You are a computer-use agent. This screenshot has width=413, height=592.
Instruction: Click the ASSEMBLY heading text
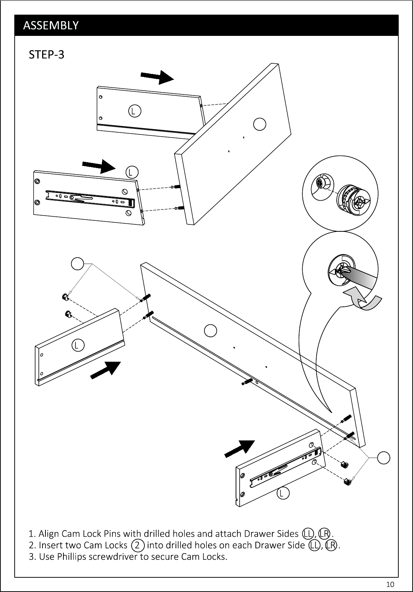[51, 25]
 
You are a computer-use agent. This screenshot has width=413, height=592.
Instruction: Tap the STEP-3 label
[47, 55]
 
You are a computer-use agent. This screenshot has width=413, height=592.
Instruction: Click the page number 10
[390, 584]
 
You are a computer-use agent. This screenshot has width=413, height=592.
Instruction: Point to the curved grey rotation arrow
[364, 299]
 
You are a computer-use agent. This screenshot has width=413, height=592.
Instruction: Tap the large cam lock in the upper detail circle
[353, 200]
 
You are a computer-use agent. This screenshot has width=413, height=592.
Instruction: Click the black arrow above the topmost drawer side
[157, 77]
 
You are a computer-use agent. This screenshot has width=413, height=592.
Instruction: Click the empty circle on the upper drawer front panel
[259, 124]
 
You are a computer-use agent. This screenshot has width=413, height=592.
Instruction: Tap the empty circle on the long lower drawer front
[211, 331]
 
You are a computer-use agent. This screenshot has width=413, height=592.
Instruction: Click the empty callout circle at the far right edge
[384, 458]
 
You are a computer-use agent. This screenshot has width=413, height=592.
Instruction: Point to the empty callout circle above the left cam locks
[78, 264]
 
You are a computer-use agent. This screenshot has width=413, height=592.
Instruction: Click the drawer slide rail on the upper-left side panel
[90, 198]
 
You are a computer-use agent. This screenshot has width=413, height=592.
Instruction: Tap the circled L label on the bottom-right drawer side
[283, 493]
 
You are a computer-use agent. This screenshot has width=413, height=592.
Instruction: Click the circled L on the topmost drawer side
[134, 111]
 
